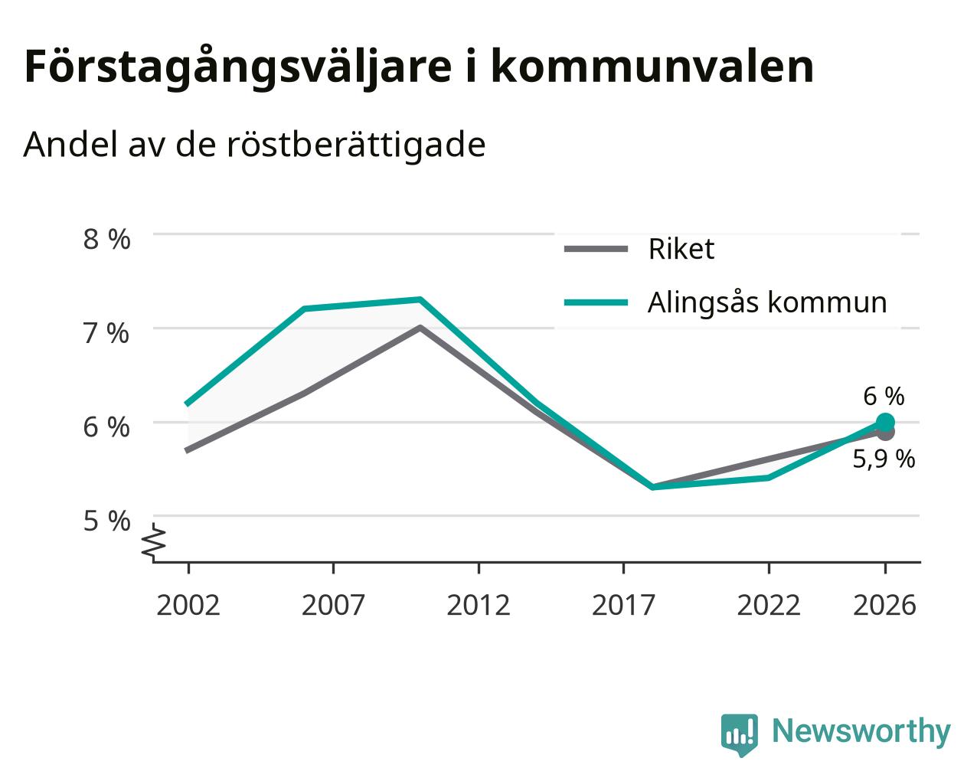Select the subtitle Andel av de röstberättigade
coord(254,145)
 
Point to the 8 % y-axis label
coord(106,239)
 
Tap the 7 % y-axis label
coord(106,333)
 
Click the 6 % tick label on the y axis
coord(106,427)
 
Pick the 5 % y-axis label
coord(106,521)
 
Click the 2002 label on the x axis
coord(188,605)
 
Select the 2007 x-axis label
coord(333,605)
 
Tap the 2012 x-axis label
coord(478,605)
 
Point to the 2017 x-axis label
coord(623,605)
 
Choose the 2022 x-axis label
coord(768,605)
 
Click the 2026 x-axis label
coord(884,605)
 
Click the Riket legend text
coord(681,249)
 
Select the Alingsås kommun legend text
coord(767,302)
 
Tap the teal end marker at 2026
coord(885,423)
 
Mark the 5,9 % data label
coord(884,459)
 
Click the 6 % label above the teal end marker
coord(884,397)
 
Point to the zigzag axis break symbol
coord(153,541)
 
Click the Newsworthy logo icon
coord(739,734)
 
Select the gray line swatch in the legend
coord(596,249)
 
